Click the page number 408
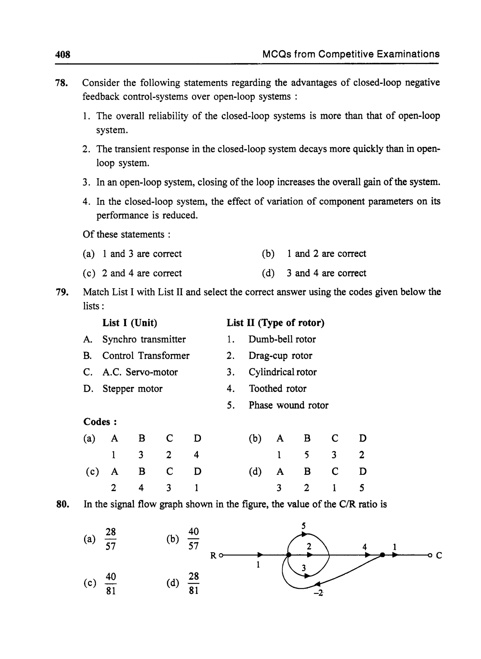63,54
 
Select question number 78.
62,83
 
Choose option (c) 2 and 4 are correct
132,273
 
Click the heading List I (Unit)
130,323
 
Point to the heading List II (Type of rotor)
275,323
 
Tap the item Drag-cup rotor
280,356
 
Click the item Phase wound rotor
288,405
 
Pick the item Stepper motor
132,389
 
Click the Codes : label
100,422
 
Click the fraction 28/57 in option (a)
110,539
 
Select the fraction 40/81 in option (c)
111,583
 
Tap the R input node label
213,556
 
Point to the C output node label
439,556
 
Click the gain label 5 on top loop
303,526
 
